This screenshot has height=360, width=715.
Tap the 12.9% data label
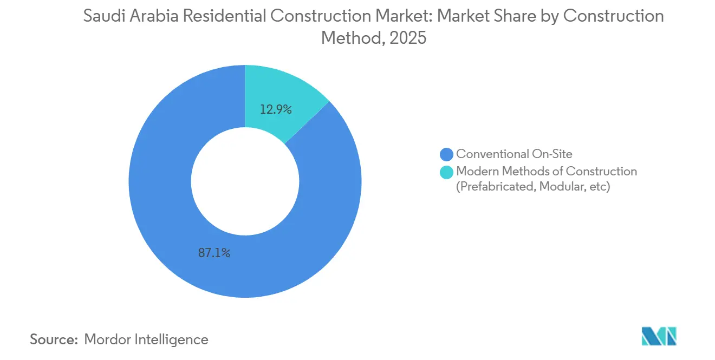[x=276, y=109]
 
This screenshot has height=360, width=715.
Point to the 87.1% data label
[x=214, y=253]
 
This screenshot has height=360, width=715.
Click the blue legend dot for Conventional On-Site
[x=447, y=154]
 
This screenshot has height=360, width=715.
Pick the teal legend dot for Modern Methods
[x=447, y=172]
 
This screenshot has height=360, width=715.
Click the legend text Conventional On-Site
[x=513, y=154]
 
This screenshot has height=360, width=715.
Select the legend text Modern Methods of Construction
[x=547, y=172]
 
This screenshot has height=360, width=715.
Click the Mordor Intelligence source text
[x=146, y=339]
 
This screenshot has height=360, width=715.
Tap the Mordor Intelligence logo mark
[x=659, y=336]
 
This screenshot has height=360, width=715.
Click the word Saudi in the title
[x=103, y=16]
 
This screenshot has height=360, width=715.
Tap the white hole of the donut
[x=245, y=181]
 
